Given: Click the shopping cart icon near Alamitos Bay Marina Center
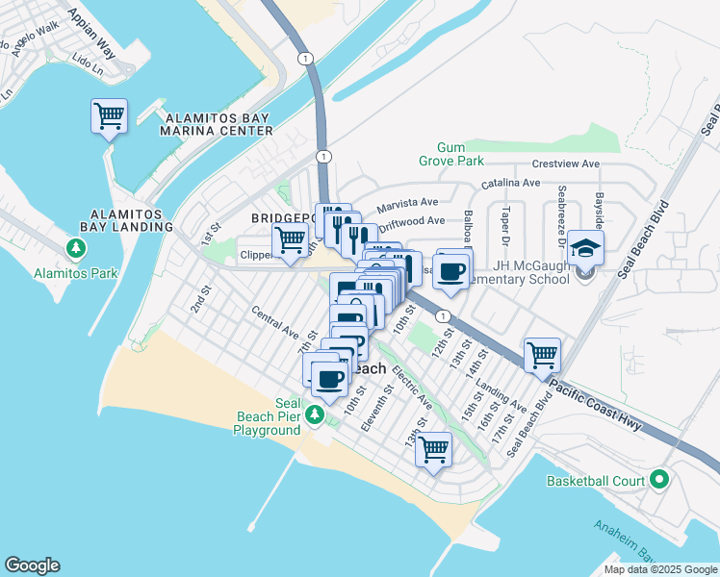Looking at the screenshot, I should pos(110,117).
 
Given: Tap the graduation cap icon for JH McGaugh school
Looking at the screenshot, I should pos(586,249).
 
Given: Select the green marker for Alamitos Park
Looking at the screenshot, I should pos(75,250).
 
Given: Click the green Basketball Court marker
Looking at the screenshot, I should pos(659,479).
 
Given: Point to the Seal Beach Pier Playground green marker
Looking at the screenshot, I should pos(314,414).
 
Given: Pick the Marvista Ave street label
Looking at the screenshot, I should pos(407,204).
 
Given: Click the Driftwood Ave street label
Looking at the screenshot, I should pos(411,222).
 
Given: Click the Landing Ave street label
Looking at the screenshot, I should pos(501,393).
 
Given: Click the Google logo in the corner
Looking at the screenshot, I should pos(32,565).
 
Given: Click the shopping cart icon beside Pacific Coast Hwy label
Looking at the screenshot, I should pos(542,355).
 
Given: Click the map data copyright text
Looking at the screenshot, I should pos(660,569).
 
